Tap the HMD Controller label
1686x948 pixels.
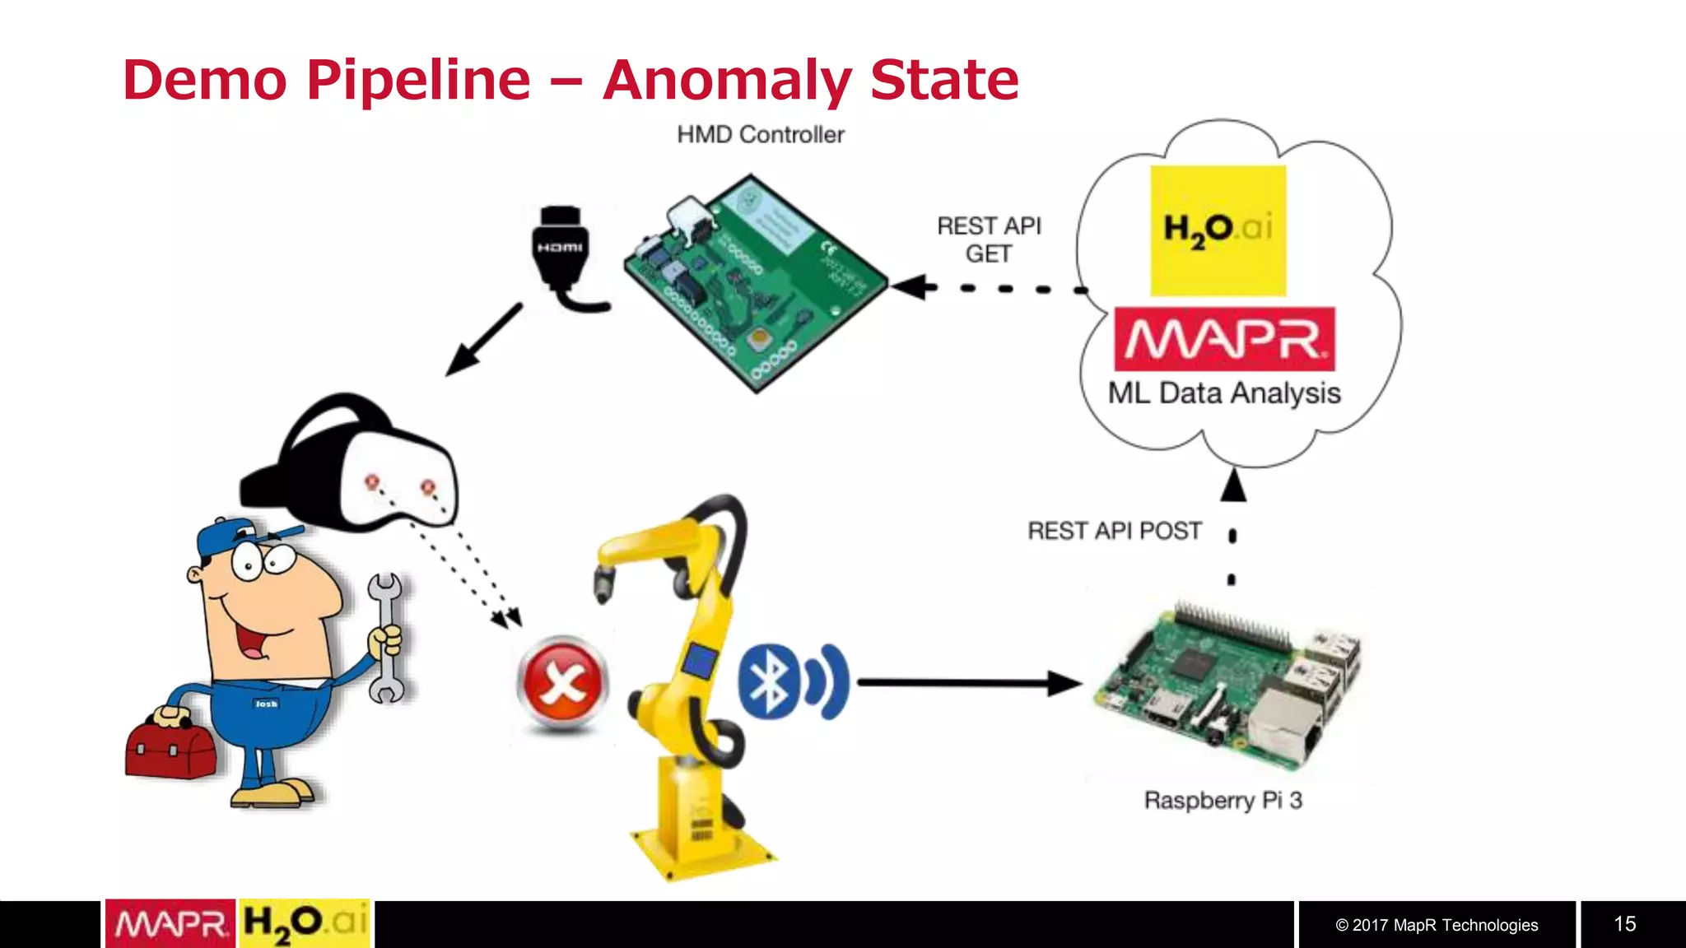click(x=760, y=135)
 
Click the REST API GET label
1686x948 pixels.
click(x=989, y=239)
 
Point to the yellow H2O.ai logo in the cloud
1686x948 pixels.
click(x=1218, y=230)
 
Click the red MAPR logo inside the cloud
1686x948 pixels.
click(x=1224, y=339)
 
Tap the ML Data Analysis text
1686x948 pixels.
click(x=1224, y=393)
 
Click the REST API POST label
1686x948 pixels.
click(x=1114, y=531)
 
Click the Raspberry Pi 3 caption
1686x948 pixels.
click(x=1223, y=800)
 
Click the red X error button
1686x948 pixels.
click(x=562, y=682)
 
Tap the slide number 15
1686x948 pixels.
click(x=1624, y=924)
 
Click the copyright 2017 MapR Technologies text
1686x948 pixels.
click(x=1437, y=925)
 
